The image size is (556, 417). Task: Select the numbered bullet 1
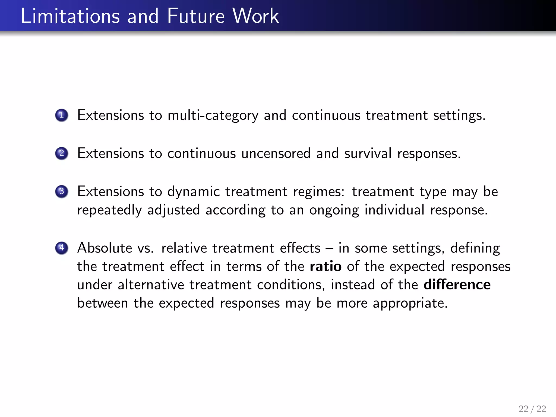click(x=62, y=115)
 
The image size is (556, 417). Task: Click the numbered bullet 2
click(x=62, y=153)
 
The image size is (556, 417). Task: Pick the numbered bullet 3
click(x=62, y=191)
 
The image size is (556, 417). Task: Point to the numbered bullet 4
click(x=62, y=248)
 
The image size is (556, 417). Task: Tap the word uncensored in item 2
click(x=276, y=153)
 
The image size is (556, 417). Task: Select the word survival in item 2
click(x=368, y=153)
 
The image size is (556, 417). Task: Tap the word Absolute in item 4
click(x=105, y=248)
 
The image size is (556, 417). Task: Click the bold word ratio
click(x=326, y=266)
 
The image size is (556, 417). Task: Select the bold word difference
click(x=457, y=285)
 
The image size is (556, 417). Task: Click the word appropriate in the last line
click(x=410, y=303)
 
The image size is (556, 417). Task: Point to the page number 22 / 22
click(x=532, y=409)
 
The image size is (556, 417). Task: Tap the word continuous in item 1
click(x=326, y=115)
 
